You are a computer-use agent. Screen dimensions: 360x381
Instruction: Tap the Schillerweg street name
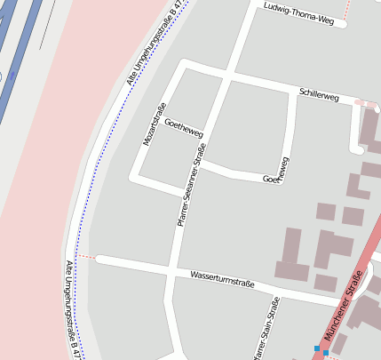[319, 93]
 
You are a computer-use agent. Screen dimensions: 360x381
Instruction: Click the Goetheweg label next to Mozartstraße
[184, 128]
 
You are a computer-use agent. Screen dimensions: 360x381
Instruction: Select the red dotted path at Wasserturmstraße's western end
[85, 257]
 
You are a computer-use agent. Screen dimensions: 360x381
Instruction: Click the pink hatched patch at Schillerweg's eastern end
[365, 104]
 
